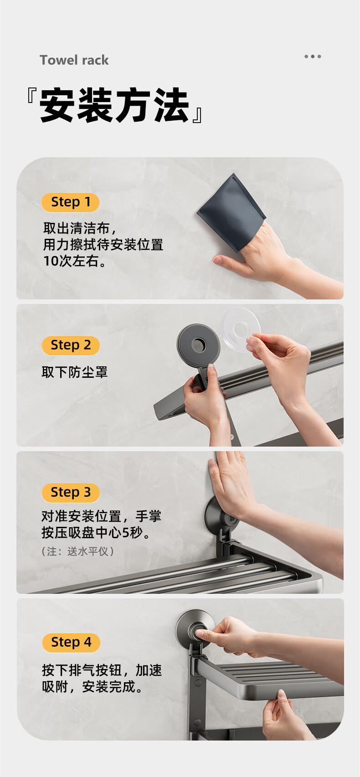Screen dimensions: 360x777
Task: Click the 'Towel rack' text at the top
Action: [x=74, y=60]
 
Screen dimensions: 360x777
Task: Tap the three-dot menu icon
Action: [x=313, y=57]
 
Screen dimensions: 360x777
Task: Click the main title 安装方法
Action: [x=114, y=105]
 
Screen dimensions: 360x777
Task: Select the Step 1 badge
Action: [x=70, y=202]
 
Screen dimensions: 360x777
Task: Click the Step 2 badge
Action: [x=71, y=345]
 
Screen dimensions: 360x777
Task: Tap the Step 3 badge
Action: [x=71, y=493]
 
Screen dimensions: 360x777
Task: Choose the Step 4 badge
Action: [x=71, y=643]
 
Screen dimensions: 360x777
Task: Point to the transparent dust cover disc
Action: [x=240, y=329]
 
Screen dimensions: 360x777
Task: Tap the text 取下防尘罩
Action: [x=75, y=372]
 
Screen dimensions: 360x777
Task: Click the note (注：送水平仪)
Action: [x=77, y=551]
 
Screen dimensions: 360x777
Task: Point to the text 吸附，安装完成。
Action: [x=92, y=687]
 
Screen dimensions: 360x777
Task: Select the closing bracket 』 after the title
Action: [x=197, y=115]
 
